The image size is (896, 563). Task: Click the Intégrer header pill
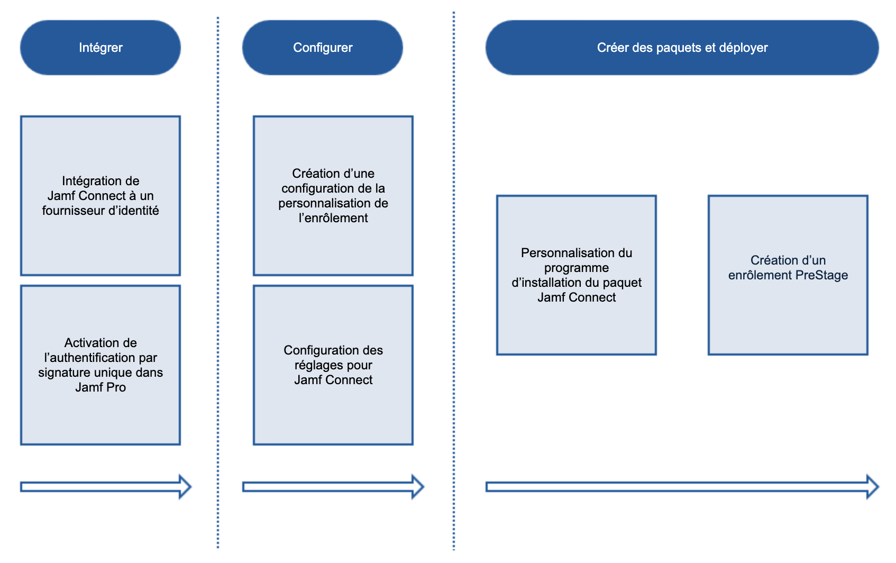[100, 48]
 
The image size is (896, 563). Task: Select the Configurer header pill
[323, 48]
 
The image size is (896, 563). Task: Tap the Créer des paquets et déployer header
[682, 48]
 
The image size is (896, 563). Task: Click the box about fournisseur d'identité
[100, 196]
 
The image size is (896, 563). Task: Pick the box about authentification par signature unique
[100, 365]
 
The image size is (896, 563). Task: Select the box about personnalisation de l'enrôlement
[333, 196]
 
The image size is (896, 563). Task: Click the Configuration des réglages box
[333, 365]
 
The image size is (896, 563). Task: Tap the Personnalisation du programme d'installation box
[577, 275]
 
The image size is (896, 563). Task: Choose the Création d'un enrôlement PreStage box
[788, 275]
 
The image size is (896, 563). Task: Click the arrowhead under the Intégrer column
[185, 487]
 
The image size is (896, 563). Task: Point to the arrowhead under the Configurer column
[417, 487]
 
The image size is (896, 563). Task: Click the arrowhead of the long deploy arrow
[872, 487]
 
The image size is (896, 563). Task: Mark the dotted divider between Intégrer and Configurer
[218, 280]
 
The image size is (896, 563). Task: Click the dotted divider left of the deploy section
[454, 280]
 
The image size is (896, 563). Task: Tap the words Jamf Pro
[100, 387]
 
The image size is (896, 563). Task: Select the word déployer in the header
[743, 48]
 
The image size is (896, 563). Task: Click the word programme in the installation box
[577, 268]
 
